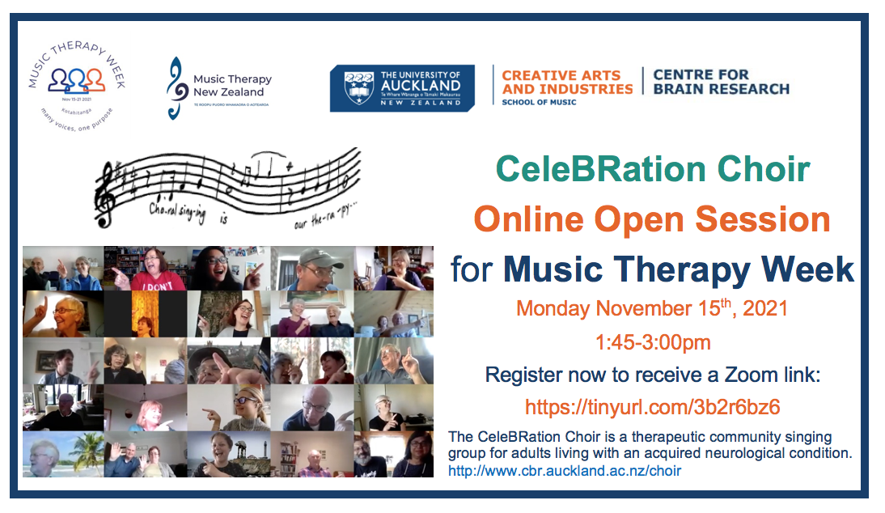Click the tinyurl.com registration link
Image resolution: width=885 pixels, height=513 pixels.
652,406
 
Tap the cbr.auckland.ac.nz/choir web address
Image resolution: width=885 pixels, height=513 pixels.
565,470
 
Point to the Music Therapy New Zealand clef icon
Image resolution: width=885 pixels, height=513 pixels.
174,88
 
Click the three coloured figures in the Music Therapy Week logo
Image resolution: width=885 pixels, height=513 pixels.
77,79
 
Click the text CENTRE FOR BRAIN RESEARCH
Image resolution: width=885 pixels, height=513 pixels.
720,82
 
